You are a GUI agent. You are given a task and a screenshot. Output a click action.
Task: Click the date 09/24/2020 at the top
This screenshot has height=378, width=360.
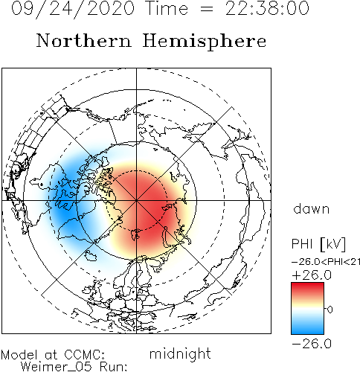click(73, 9)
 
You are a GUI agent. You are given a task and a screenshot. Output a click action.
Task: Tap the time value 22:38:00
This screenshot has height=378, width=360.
click(267, 8)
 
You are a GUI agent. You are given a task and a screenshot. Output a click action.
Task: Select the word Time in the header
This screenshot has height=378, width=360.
click(167, 8)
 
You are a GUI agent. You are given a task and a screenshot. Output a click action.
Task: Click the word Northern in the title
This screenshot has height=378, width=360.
click(84, 40)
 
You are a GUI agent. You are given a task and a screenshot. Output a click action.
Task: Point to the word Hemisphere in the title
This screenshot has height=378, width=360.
click(205, 42)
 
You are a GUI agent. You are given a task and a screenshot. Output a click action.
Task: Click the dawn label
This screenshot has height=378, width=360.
click(312, 209)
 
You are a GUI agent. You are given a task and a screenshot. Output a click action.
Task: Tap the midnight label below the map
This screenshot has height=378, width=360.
click(180, 354)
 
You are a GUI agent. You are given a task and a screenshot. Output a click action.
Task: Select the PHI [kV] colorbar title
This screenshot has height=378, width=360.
click(318, 244)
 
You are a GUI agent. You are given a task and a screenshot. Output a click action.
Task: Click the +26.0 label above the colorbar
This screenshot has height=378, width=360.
click(312, 275)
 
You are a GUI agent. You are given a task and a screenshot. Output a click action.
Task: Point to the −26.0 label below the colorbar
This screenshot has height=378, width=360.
click(312, 344)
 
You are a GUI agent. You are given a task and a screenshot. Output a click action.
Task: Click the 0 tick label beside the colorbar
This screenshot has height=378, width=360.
click(330, 310)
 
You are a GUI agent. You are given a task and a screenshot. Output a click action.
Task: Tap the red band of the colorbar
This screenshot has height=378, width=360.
click(307, 289)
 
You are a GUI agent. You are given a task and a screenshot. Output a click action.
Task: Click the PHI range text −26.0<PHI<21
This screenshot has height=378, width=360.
click(326, 262)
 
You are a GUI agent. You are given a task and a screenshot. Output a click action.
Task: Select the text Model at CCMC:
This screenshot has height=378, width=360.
click(53, 355)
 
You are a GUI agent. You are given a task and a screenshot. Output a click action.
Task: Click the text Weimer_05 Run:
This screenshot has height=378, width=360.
click(74, 367)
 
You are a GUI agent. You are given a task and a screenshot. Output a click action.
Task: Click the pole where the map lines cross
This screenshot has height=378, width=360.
click(136, 200)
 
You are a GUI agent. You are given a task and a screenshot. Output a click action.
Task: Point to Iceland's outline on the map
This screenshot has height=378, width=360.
click(91, 255)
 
